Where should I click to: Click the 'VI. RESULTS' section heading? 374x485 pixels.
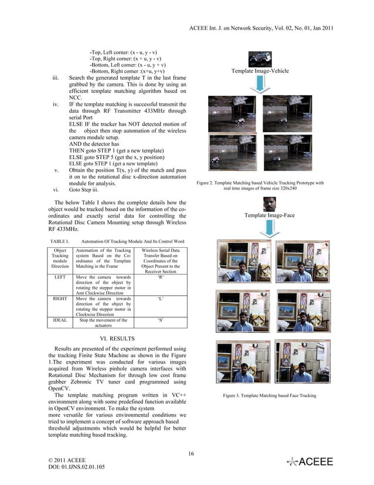(118, 339)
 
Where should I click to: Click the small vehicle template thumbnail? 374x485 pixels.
(260, 59)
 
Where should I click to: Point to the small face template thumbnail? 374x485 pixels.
(269, 204)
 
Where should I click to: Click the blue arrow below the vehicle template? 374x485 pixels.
(260, 86)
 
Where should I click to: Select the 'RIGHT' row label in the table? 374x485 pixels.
(60, 298)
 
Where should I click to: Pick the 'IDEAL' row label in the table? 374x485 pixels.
(60, 321)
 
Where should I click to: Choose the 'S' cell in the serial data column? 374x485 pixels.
(161, 321)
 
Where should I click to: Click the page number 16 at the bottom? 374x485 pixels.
(191, 452)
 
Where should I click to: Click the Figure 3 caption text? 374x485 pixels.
(269, 396)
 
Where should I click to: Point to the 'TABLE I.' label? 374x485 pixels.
(60, 241)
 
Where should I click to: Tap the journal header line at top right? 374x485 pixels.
(262, 28)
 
